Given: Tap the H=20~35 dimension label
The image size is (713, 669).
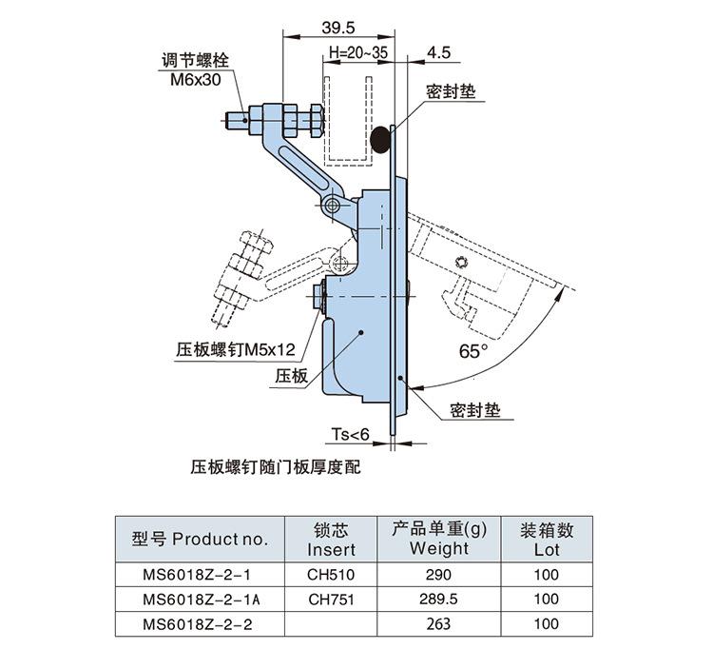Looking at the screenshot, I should point(356,52).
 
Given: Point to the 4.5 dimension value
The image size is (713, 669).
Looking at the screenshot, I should point(438,52).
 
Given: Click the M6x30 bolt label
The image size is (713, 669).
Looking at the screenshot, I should point(195,81).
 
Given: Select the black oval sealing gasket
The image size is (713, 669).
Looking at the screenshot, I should point(380,139).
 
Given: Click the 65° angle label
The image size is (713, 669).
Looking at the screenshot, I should point(472,351).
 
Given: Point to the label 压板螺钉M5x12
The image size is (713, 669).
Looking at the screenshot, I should point(236,349).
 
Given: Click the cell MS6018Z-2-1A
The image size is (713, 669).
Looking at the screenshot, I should point(201,600).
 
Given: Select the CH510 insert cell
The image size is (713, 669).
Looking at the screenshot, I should point(331,575).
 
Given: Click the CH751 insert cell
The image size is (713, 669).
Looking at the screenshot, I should point(331,600).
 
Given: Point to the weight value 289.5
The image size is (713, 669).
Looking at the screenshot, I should point(438,600).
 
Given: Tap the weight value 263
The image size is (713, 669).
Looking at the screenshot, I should point(438,624).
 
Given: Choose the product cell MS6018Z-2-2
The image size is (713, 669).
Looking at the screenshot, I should point(201,624).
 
